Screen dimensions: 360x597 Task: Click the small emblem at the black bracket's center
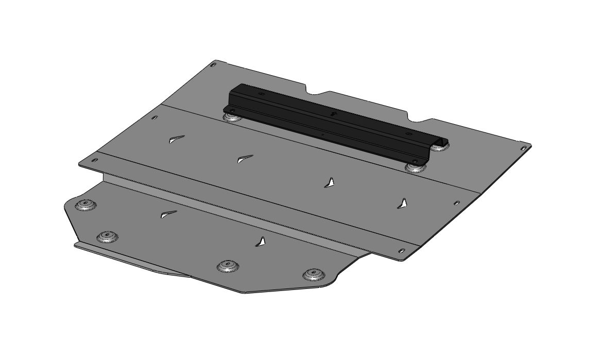(332, 112)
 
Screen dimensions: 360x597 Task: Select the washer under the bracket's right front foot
(415, 167)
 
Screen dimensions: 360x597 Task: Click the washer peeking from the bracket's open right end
(439, 146)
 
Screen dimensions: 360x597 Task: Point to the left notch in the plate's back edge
(314, 94)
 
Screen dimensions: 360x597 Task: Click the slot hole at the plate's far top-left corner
(213, 64)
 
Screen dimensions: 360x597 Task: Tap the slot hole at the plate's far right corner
(523, 148)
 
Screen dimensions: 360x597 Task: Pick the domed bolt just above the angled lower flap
(107, 236)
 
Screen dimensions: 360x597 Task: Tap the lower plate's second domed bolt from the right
(227, 266)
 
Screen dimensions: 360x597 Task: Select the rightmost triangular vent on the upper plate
(402, 203)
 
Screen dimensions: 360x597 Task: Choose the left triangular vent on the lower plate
(168, 214)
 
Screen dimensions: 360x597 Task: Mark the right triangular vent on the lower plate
(262, 242)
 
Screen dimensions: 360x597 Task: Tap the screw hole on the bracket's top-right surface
(408, 134)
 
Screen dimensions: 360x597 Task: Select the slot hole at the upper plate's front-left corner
(94, 161)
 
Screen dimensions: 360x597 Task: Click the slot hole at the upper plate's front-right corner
(402, 251)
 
